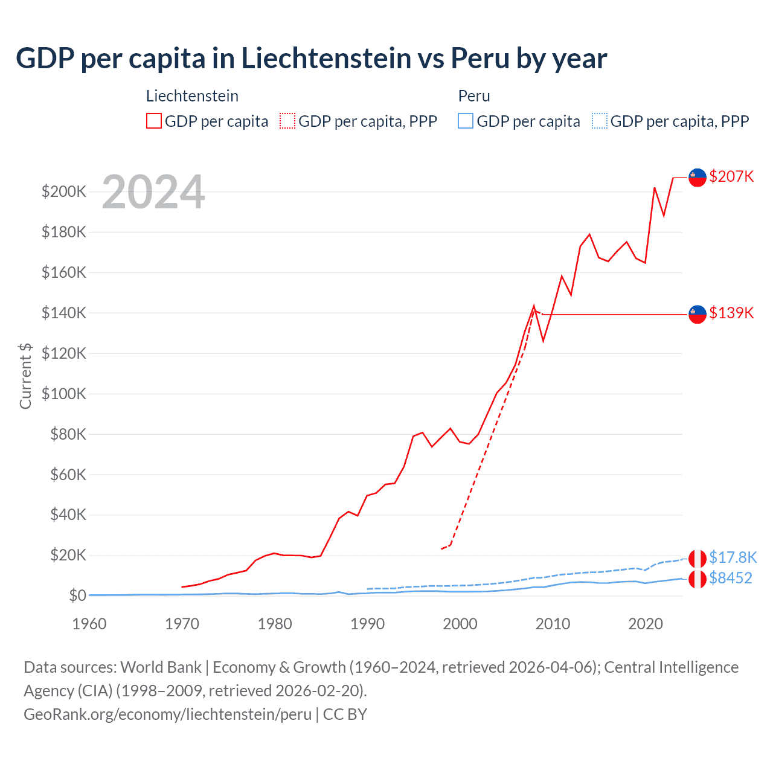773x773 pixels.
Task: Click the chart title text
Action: pos(311,59)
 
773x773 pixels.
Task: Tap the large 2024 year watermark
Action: pos(153,192)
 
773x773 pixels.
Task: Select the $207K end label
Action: pos(731,176)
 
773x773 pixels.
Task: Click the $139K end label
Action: pos(731,313)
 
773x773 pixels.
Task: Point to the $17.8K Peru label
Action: pos(733,557)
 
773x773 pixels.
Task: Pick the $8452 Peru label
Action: pos(731,578)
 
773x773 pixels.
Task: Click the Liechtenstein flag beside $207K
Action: pos(698,178)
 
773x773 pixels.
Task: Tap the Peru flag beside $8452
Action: pos(698,579)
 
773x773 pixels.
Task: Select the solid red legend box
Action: pos(154,121)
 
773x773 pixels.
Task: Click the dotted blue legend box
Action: pos(600,121)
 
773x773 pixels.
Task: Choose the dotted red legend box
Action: pos(287,121)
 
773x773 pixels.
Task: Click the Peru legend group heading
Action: pos(474,96)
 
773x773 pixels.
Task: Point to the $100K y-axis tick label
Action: pos(64,394)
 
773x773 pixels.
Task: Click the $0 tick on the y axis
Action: pos(77,595)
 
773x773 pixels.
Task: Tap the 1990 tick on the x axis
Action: pos(367,624)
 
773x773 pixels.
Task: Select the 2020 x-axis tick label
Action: pos(646,624)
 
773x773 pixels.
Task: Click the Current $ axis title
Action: pos(25,376)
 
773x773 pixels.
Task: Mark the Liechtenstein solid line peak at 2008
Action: pos(534,306)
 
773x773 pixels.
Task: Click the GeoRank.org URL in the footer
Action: pos(167,714)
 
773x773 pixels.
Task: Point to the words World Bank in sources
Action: pos(161,667)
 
